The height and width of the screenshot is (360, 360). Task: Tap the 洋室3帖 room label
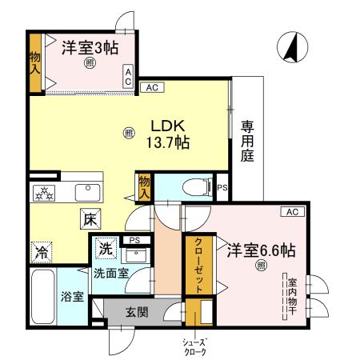[90, 48]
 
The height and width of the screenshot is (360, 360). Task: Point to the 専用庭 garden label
[248, 141]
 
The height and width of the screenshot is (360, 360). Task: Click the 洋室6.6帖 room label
[259, 250]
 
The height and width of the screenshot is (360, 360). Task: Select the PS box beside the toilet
[222, 188]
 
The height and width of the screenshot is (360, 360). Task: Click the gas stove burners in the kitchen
[43, 193]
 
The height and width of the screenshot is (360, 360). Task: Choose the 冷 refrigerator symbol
[40, 252]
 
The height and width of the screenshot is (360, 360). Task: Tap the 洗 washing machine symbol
[105, 249]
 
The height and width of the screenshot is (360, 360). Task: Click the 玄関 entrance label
[137, 312]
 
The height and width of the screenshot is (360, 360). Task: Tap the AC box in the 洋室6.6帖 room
[291, 211]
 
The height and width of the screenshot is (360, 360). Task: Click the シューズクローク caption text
[196, 346]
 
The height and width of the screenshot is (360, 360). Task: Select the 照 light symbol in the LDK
[130, 134]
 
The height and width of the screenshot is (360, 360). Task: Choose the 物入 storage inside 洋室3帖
[35, 62]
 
